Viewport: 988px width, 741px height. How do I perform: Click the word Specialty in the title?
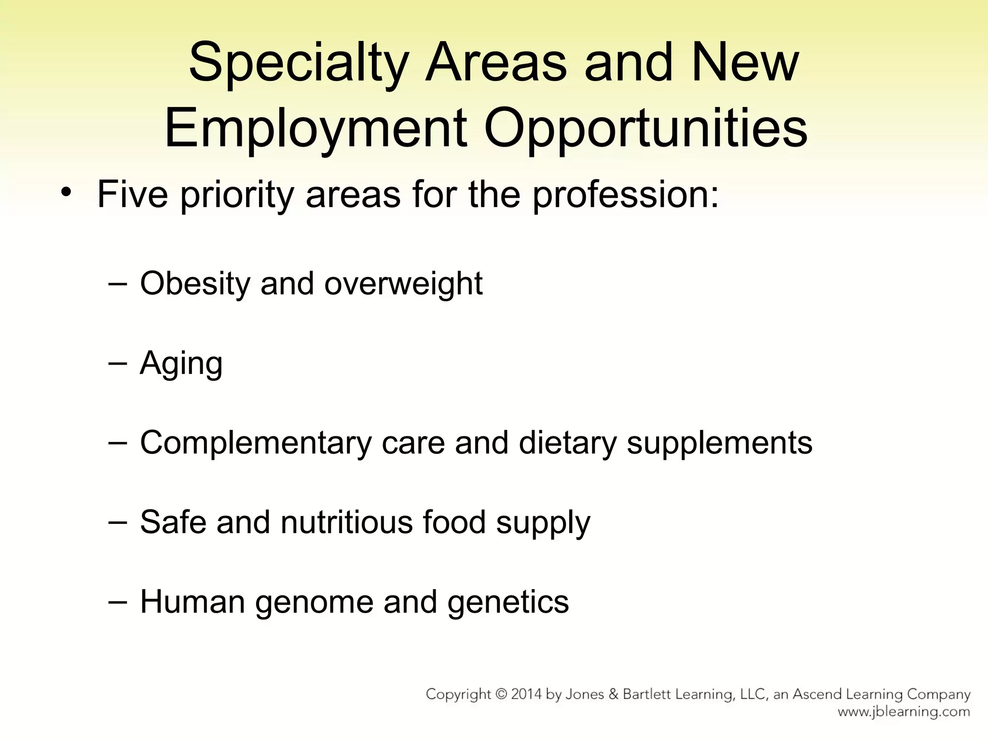tap(298, 64)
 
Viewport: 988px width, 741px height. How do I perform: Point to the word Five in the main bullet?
tap(133, 194)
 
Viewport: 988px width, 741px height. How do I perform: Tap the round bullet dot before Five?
tap(66, 193)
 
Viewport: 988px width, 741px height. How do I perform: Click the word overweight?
tap(403, 284)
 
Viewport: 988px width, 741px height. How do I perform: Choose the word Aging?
tap(181, 364)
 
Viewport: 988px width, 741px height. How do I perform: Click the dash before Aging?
tap(118, 363)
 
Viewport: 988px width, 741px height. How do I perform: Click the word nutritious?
tap(346, 522)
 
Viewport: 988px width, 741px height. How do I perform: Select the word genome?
tap(314, 603)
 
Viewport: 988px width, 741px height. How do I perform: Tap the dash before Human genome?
tap(118, 602)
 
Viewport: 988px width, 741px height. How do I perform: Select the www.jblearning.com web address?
tap(904, 712)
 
